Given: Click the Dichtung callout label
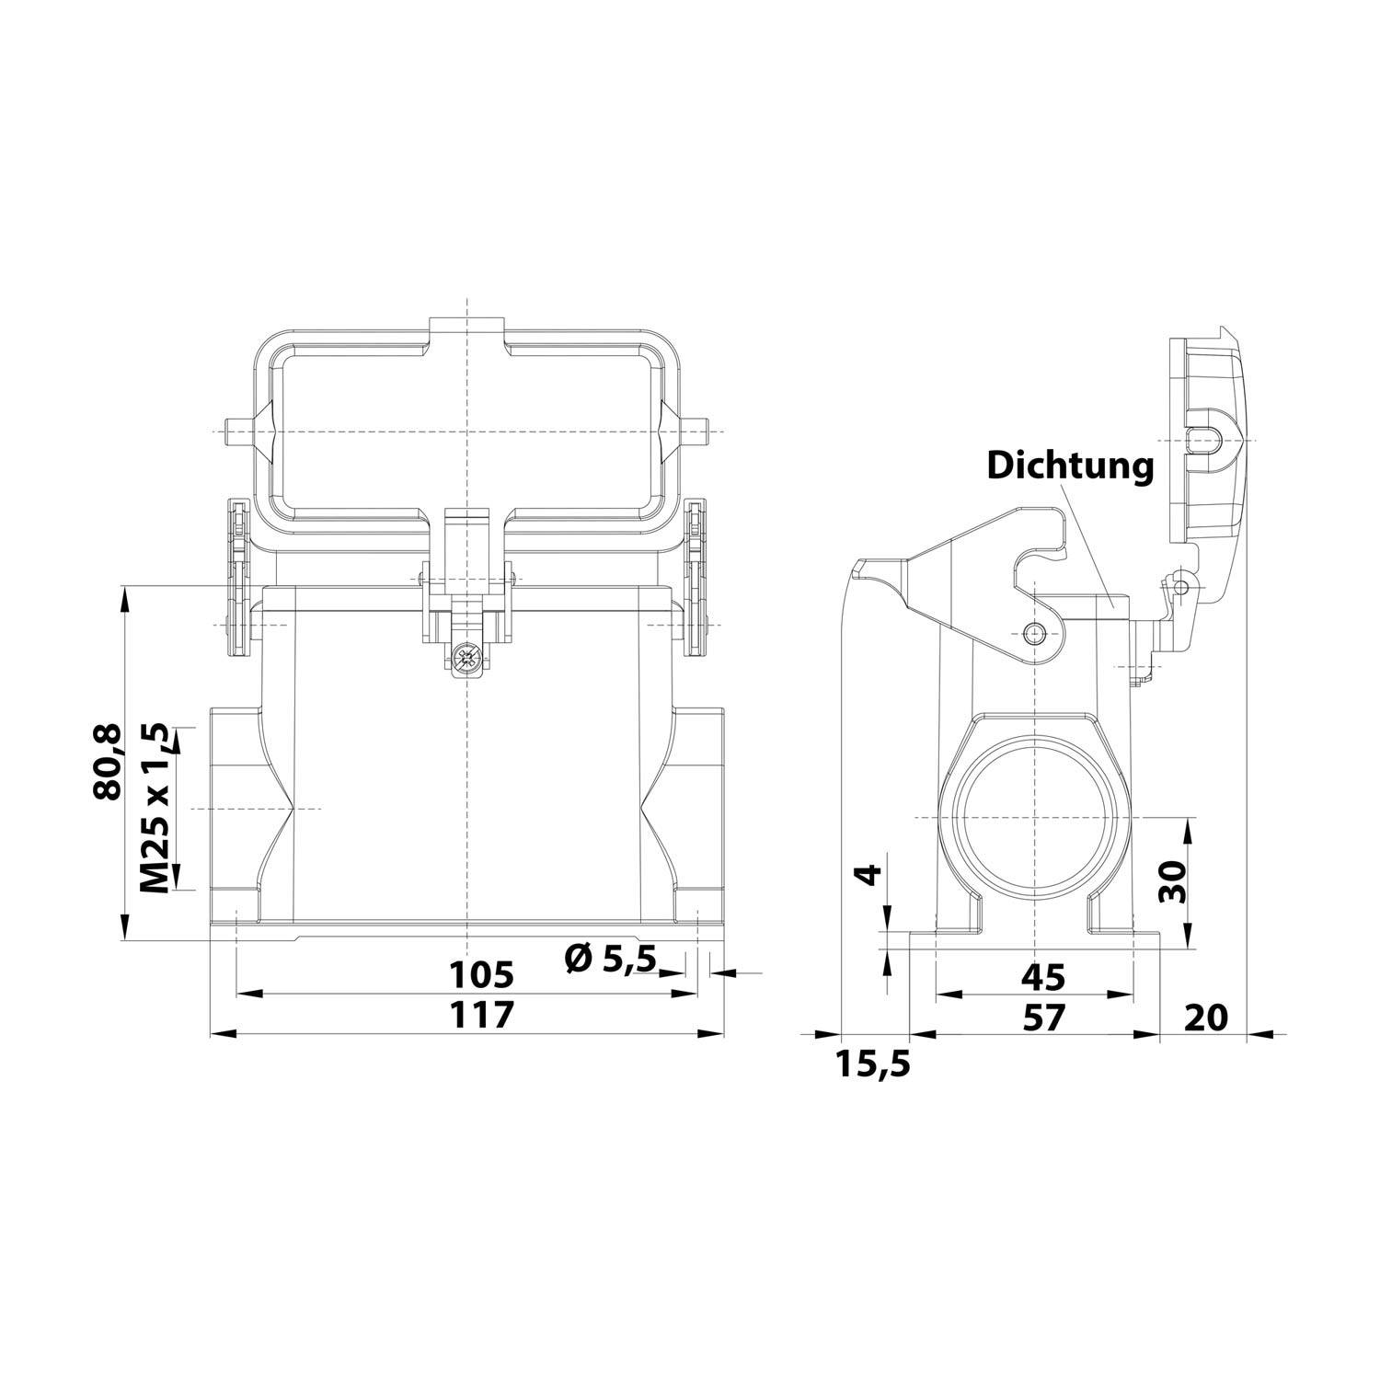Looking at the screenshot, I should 1069,466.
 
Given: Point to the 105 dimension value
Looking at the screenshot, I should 479,972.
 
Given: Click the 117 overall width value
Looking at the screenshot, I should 479,1016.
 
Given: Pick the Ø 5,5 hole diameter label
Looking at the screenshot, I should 610,959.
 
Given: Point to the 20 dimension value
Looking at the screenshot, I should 1205,1018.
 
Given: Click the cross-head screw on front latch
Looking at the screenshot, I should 467,658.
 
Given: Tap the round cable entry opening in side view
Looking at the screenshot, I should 1035,818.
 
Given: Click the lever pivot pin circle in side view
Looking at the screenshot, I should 1036,632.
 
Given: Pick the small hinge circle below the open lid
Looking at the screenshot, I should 1181,584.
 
